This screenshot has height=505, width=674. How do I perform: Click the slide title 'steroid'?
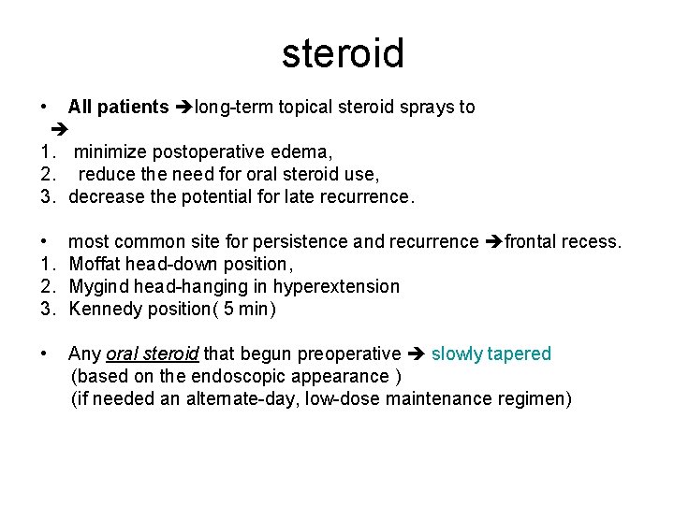(x=343, y=53)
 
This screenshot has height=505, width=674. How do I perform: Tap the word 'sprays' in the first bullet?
(x=425, y=108)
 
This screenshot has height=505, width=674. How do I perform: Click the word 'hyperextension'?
(x=336, y=287)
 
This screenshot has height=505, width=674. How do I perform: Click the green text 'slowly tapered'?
(x=491, y=354)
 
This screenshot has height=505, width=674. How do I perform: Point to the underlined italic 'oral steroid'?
(x=153, y=354)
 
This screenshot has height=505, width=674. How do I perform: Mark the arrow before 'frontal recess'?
(x=494, y=242)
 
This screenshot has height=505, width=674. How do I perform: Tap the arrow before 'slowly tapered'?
(x=417, y=354)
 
